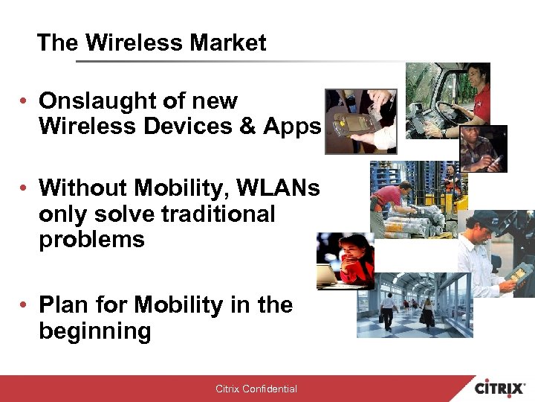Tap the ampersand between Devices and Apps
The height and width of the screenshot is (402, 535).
[245, 127]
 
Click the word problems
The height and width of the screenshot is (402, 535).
[91, 240]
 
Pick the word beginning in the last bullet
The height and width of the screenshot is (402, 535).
[94, 331]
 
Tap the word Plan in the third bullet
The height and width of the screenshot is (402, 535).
[65, 305]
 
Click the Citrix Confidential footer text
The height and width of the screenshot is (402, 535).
[256, 389]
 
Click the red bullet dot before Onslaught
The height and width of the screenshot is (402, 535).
[25, 101]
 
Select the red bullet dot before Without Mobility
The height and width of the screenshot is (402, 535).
[25, 189]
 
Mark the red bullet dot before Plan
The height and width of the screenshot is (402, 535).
[25, 305]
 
